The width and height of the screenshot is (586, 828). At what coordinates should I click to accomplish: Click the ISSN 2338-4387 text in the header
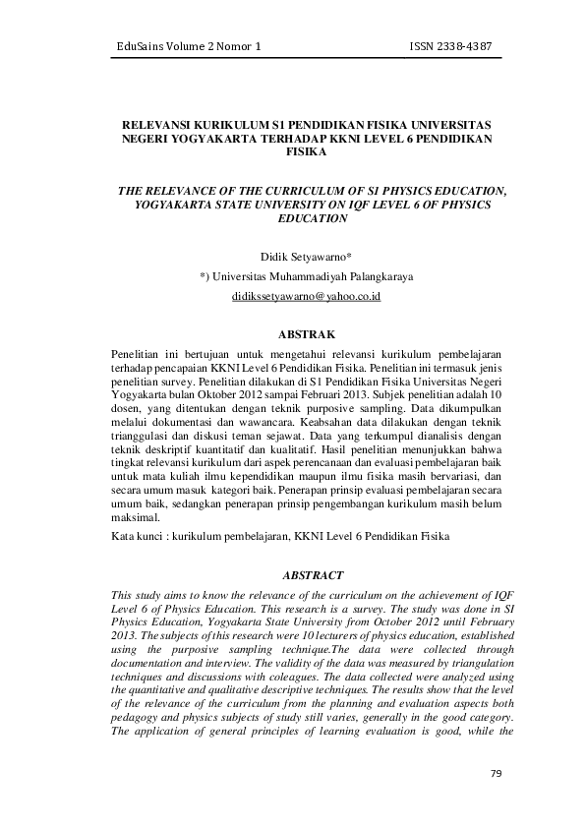(450, 46)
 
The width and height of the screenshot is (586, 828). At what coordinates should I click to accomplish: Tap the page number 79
(496, 773)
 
